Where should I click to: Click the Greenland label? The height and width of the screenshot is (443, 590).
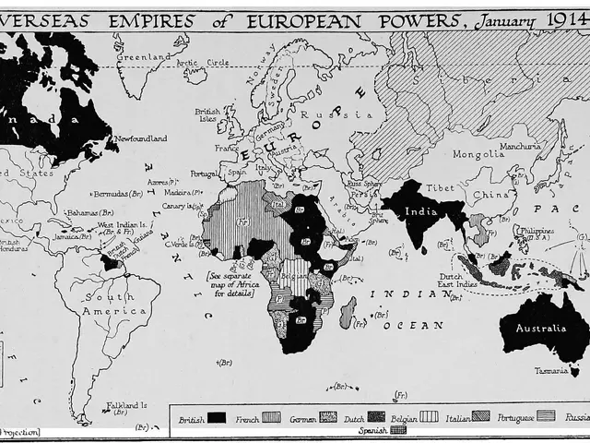143,56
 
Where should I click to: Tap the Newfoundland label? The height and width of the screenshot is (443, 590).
142,138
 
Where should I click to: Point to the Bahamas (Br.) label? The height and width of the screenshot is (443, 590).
89,213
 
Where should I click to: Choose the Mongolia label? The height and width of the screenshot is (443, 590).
478,154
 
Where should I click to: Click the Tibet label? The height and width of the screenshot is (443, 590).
441,187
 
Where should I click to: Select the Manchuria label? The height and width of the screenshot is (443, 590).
521,146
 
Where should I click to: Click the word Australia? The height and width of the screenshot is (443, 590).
540,328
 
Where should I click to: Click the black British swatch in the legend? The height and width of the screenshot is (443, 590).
217,417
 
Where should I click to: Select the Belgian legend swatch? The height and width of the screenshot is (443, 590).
429,416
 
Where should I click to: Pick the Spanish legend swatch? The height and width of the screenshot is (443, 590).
397,429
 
